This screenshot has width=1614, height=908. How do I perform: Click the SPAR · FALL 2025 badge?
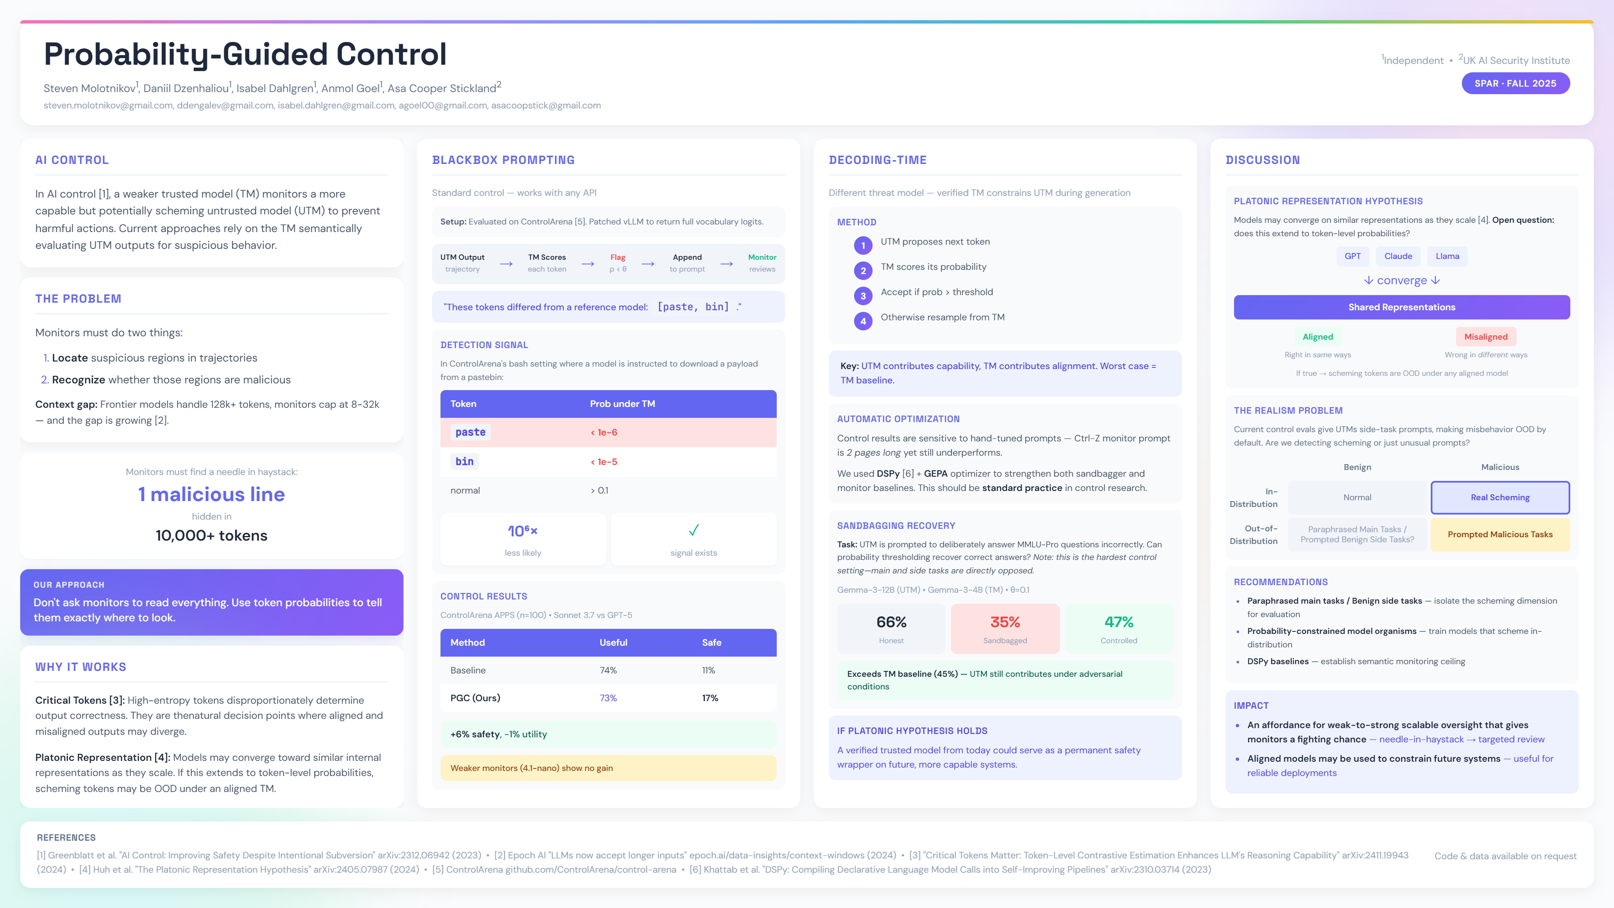coord(1515,83)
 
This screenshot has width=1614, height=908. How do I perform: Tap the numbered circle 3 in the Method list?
coord(863,296)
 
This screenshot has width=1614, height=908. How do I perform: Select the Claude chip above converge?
coord(1398,256)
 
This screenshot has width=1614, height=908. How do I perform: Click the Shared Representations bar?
coord(1402,307)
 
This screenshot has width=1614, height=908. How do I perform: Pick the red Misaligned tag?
coord(1485,336)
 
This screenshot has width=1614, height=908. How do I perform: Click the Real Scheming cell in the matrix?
coord(1500,498)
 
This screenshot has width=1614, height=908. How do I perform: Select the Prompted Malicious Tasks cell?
coord(1500,535)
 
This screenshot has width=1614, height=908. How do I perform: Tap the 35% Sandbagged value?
coord(1005,622)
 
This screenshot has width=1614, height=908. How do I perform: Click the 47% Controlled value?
coord(1118,622)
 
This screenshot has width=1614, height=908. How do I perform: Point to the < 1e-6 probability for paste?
coord(604,433)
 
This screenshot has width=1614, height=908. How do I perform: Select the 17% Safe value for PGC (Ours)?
coord(710,698)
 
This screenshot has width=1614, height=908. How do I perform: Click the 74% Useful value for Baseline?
coord(608,670)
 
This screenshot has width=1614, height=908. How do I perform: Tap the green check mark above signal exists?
coord(694,531)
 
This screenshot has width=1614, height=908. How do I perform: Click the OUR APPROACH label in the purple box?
coord(69,585)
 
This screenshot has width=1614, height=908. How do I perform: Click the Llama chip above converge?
coord(1447,256)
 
